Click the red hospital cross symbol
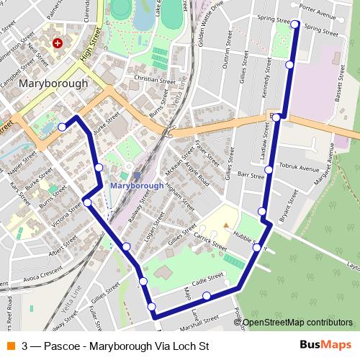(x=56, y=43)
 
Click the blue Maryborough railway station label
(x=138, y=185)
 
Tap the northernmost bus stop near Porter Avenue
(x=295, y=24)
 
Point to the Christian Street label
(x=155, y=80)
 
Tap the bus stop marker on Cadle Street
(x=207, y=296)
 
